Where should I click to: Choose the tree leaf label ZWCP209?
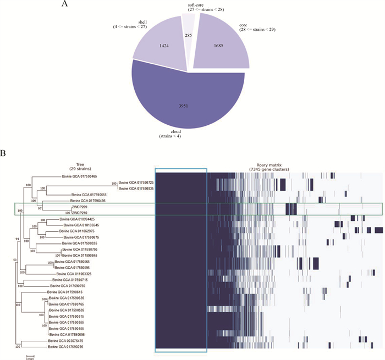coord(79,207)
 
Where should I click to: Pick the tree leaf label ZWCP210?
coord(79,213)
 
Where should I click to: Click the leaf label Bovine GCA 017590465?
coord(80,176)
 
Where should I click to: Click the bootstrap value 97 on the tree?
coord(38,209)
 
